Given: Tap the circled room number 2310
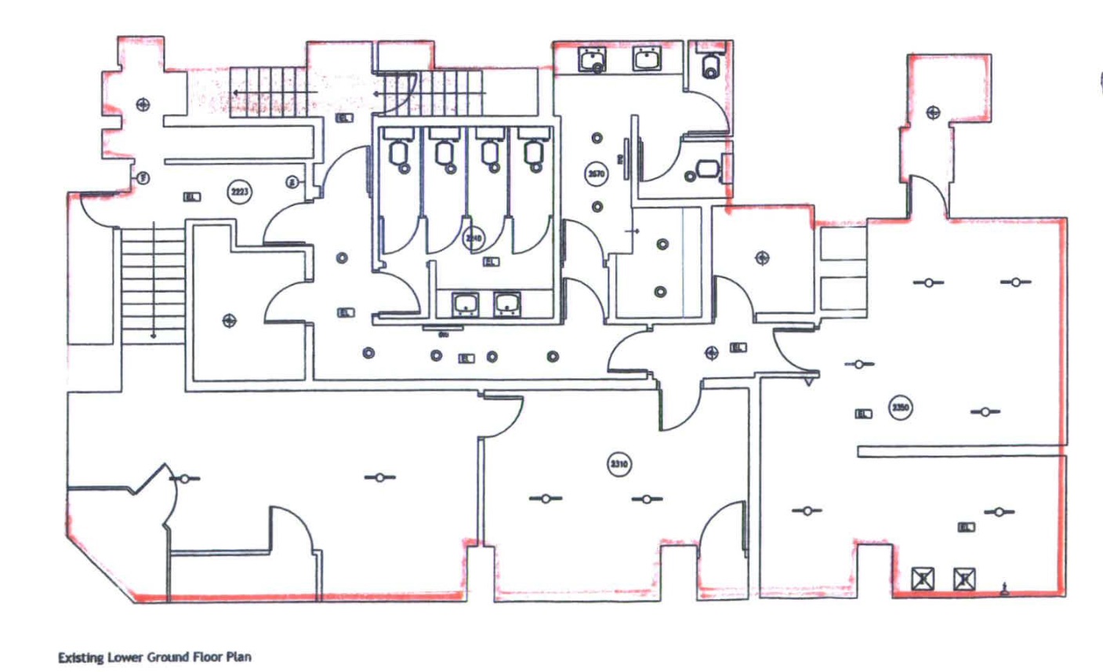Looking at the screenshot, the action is (619, 463).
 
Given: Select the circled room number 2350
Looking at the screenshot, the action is (901, 407).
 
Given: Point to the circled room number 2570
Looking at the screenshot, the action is (597, 173).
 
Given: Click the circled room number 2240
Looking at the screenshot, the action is (473, 239).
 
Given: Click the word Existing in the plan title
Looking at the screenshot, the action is (79, 657).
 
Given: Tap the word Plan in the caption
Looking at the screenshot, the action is (239, 657).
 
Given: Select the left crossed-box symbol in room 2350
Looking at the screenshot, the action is (923, 579).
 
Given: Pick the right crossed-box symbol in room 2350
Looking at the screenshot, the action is (964, 579).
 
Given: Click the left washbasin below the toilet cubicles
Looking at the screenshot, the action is (466, 303).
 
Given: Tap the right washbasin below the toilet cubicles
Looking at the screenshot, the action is (507, 303).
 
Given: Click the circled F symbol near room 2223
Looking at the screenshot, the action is (143, 178).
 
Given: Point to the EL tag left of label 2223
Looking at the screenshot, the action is (190, 197).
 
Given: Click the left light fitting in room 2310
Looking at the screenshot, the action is (546, 498).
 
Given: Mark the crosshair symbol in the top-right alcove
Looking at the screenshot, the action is (933, 112).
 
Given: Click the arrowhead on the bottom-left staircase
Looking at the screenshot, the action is (154, 336).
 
